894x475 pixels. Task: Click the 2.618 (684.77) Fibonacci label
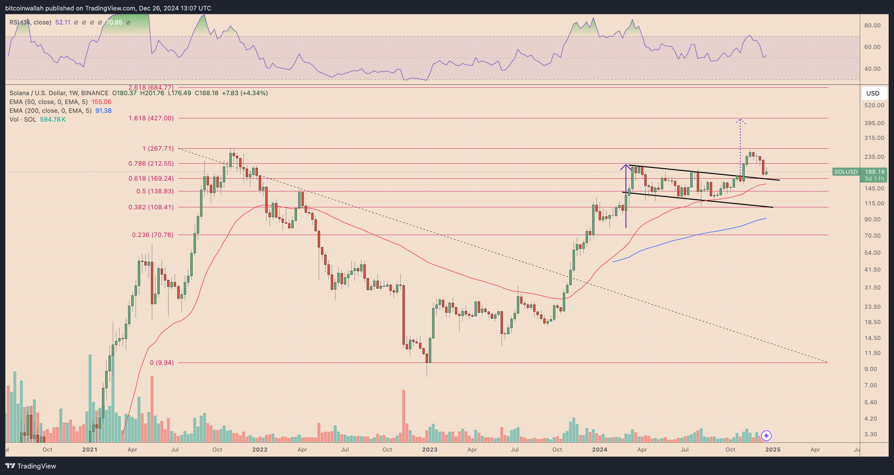coord(151,87)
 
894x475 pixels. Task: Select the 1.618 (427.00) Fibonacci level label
coord(151,118)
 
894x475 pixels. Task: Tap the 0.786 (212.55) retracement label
coord(151,163)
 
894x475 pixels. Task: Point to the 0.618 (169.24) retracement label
coord(151,178)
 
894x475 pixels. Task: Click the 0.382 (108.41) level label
coord(151,207)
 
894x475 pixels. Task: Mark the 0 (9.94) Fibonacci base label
coord(162,363)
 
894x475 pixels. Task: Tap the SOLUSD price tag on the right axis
coord(846,171)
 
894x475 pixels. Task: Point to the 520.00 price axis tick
coord(874,105)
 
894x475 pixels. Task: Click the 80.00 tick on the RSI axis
coord(872,25)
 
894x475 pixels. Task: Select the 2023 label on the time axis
coord(429,449)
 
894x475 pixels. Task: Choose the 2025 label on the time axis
coord(772,449)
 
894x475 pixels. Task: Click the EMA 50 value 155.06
coord(101,102)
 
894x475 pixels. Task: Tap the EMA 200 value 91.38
coord(103,111)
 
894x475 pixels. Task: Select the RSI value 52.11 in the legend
coord(63,22)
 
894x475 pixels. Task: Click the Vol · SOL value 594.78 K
coord(53,119)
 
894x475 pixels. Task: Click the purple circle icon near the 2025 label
coord(766,435)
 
